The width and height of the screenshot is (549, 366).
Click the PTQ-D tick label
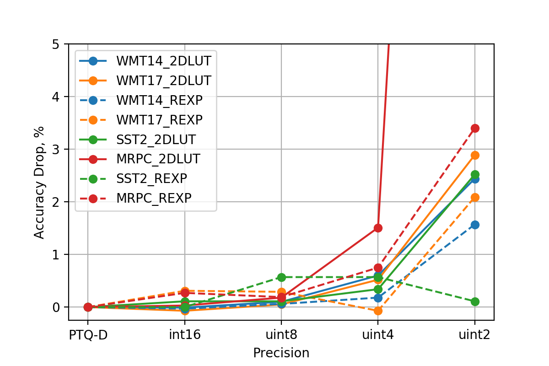pos(88,335)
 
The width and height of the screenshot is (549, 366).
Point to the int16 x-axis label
pos(185,335)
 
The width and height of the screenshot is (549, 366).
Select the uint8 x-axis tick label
pos(281,335)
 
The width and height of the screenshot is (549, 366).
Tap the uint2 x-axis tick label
pos(474,335)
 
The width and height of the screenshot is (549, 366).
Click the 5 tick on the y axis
pos(56,44)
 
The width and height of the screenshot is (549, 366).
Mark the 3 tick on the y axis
pos(56,150)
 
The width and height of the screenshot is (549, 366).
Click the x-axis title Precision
pos(281,353)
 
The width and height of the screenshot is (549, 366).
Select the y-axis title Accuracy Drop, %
pos(40,182)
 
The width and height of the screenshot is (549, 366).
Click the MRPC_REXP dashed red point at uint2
pos(474,128)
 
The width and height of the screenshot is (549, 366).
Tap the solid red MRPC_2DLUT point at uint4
pos(378,228)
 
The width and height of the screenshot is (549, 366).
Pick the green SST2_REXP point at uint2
pos(474,301)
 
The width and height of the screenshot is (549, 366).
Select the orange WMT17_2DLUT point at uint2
pos(474,156)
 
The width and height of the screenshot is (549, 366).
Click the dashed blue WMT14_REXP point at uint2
pos(474,225)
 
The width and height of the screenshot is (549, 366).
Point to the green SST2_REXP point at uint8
pos(281,277)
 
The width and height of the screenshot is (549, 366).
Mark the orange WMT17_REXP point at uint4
pos(378,311)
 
